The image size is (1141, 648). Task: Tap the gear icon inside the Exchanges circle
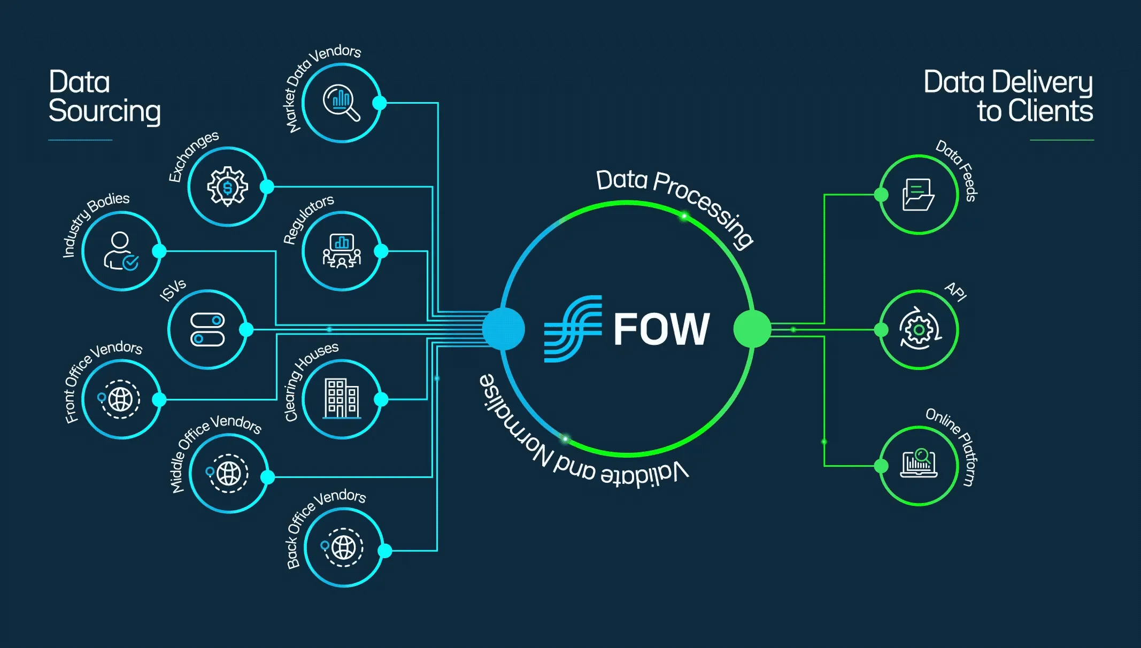228,187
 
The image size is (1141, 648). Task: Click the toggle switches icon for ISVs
207,329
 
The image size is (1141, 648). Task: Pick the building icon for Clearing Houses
342,399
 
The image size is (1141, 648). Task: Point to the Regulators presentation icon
342,251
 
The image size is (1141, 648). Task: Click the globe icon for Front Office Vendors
120,399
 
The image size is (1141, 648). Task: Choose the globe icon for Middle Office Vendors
229,473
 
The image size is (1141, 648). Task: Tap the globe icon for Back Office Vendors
343,547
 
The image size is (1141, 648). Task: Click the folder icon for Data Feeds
918,195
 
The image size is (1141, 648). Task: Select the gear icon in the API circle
919,329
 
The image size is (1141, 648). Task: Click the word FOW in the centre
661,329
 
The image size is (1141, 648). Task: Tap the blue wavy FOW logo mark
573,328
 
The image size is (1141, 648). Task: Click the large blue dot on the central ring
503,329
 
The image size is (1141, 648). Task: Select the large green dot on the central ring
752,329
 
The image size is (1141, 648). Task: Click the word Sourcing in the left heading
105,111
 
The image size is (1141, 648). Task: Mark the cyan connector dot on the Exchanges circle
267,187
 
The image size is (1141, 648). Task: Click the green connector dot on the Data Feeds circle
881,195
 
